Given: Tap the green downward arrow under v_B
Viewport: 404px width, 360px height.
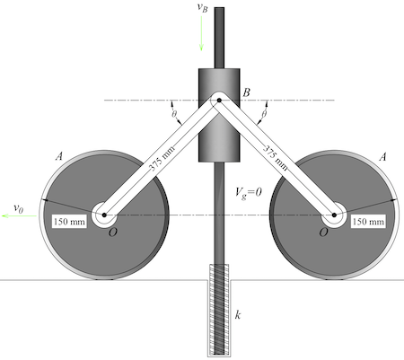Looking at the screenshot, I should [x=202, y=33].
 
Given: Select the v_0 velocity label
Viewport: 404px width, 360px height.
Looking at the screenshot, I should [x=17, y=207].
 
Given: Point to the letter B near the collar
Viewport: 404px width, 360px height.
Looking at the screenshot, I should [x=247, y=91].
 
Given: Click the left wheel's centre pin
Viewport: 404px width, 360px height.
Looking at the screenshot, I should [x=104, y=215].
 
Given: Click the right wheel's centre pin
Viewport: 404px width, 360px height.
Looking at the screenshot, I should [x=336, y=215].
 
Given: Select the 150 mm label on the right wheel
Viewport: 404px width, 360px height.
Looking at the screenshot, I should [x=368, y=221].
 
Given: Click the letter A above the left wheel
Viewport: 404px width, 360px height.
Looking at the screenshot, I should [x=59, y=156].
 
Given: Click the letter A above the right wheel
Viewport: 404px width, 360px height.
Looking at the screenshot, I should [x=383, y=156].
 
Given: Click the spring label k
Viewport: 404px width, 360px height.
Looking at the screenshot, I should [x=238, y=315].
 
